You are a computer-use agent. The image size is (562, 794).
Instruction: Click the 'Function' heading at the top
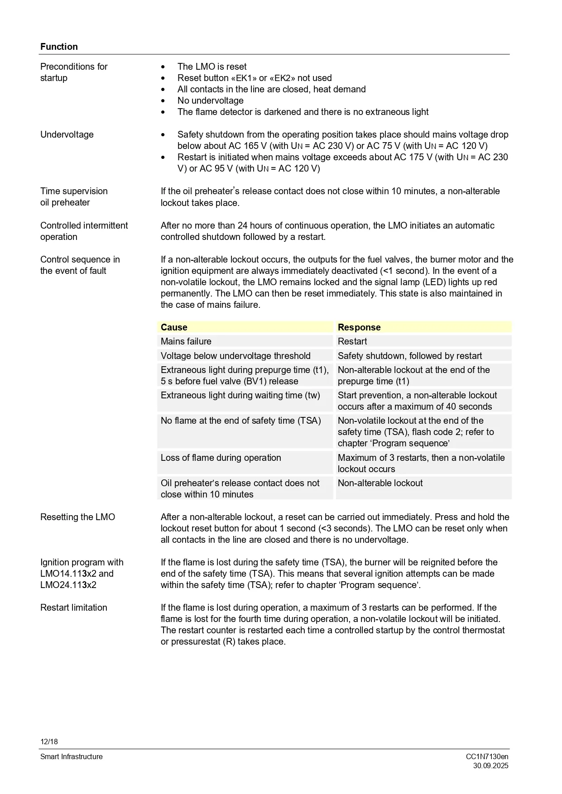pyautogui.click(x=59, y=47)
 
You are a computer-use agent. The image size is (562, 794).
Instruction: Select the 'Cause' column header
pyautogui.click(x=174, y=327)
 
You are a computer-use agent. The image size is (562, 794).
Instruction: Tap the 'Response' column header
pyautogui.click(x=359, y=327)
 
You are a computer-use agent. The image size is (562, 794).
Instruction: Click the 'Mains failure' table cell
pyautogui.click(x=186, y=341)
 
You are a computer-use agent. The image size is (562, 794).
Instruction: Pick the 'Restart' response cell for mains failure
pyautogui.click(x=352, y=341)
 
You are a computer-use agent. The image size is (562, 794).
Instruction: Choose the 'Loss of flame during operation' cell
pyautogui.click(x=221, y=458)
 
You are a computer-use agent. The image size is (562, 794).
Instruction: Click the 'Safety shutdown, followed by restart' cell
pyautogui.click(x=410, y=356)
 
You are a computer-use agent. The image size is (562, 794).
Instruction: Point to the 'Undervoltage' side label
pyautogui.click(x=67, y=134)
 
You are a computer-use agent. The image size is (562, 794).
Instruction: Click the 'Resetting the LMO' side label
pyautogui.click(x=77, y=517)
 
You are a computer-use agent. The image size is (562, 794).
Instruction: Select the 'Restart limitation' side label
pyautogui.click(x=74, y=607)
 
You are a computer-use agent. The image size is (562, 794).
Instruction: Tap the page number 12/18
pyautogui.click(x=49, y=741)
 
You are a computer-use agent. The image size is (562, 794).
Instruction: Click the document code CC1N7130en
pyautogui.click(x=487, y=756)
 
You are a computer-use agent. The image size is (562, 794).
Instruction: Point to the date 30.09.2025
pyautogui.click(x=490, y=766)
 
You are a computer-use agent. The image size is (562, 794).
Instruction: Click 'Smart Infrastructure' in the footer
pyautogui.click(x=72, y=756)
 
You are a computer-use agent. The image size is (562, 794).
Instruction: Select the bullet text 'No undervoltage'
pyautogui.click(x=211, y=100)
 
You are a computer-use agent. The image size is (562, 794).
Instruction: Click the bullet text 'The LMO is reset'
pyautogui.click(x=212, y=67)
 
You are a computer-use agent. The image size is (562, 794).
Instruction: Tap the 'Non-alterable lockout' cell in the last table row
pyautogui.click(x=380, y=483)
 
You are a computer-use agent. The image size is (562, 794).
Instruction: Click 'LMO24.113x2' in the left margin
pyautogui.click(x=68, y=585)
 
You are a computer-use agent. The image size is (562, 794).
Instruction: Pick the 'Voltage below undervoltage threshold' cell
pyautogui.click(x=235, y=356)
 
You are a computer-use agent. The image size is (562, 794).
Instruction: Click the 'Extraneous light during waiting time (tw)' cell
pyautogui.click(x=240, y=395)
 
